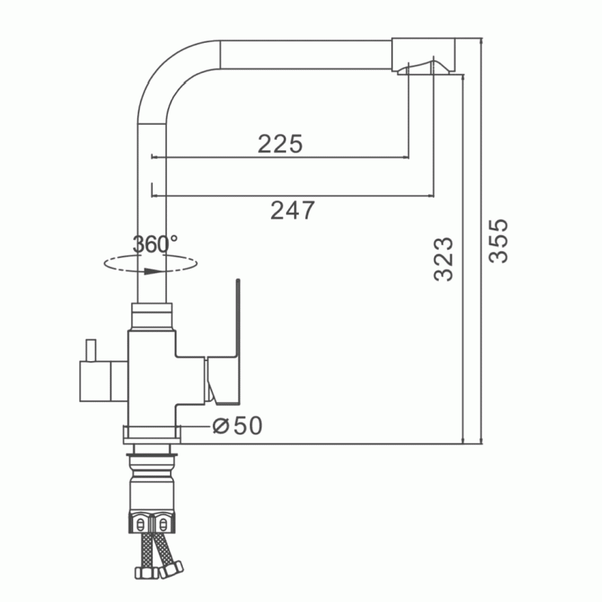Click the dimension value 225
(280, 144)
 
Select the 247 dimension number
(293, 211)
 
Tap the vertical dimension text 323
(443, 259)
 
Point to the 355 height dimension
(498, 241)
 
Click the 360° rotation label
(155, 244)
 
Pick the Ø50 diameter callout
(238, 425)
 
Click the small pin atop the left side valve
(90, 350)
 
